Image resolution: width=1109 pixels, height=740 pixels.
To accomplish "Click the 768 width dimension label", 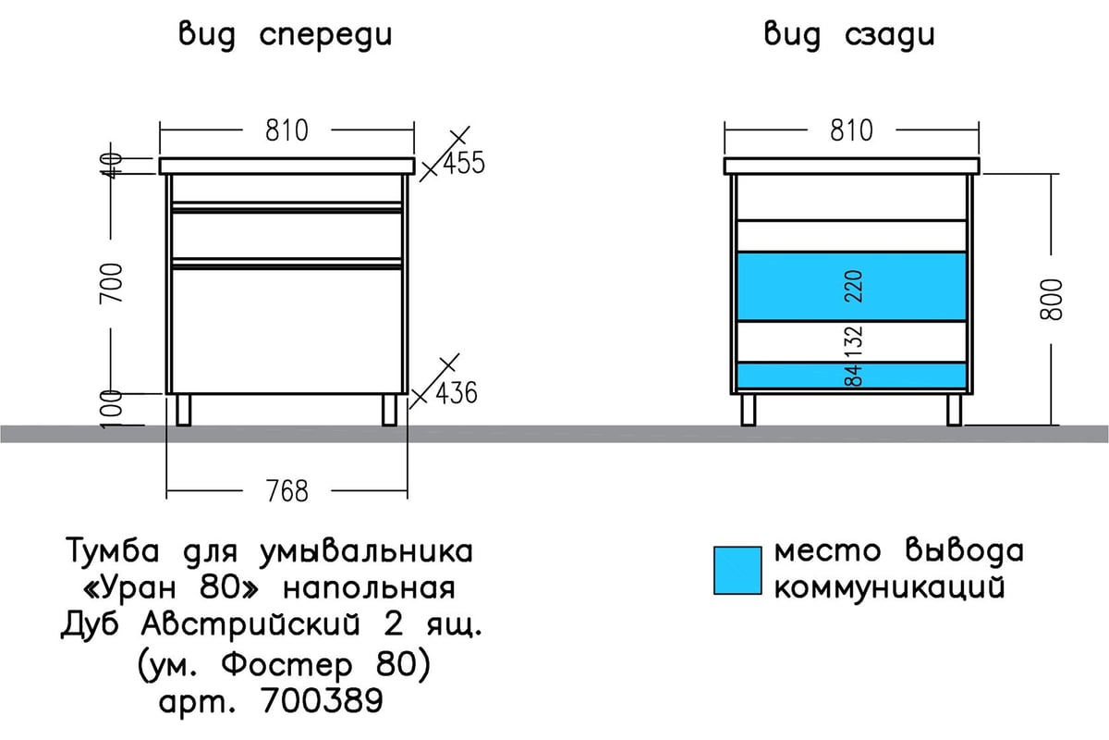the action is pos(287,491).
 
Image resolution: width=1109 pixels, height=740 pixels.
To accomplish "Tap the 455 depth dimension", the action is pos(464,163).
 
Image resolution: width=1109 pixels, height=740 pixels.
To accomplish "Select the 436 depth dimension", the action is pos(457,393).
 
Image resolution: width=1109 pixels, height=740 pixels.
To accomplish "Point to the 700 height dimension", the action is pos(111,283).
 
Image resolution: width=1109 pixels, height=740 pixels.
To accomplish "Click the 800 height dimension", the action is pos(1051,300).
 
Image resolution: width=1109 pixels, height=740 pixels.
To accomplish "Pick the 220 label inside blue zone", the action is pos(854,287).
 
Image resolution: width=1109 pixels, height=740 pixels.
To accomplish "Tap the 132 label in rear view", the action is pos(854,341).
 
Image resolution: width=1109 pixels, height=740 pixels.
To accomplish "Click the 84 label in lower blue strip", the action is pos(854,376).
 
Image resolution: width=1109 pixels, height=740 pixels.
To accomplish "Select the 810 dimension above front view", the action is pos(286,130).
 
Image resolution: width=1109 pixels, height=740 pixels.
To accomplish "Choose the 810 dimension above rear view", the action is pos(851,130).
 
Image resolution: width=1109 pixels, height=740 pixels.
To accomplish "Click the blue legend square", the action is pos(737,571).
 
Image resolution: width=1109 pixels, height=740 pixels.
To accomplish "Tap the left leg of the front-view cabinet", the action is pos(184,410).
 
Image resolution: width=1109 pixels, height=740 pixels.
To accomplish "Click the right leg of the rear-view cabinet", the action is pos(954,410).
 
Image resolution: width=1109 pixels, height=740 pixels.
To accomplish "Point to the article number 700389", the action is pos(322,700).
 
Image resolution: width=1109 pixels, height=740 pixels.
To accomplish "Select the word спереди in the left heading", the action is pos(325,36).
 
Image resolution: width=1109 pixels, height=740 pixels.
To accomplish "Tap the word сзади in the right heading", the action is pos(890,36).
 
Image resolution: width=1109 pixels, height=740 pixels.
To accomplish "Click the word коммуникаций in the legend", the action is pos(890,588).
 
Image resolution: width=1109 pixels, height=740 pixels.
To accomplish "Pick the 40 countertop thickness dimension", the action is pos(111,165).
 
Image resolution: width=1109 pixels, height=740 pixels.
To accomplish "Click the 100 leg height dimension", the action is pos(111,410).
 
